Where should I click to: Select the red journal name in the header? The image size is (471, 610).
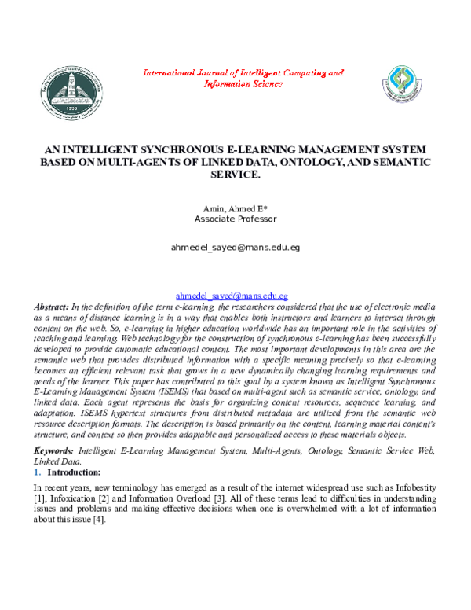tap(243, 77)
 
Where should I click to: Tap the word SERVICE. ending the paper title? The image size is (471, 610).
tap(235, 174)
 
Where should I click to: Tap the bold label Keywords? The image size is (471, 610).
tap(54, 450)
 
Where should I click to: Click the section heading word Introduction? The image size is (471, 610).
tap(74, 472)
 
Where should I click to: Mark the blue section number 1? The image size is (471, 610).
tap(37, 472)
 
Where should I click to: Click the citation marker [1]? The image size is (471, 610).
tap(41, 499)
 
